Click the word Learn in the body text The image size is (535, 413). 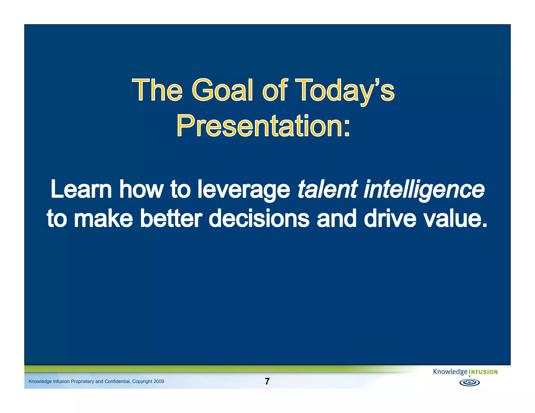pyautogui.click(x=81, y=189)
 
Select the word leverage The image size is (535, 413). pyautogui.click(x=243, y=190)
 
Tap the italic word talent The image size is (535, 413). pyautogui.click(x=327, y=189)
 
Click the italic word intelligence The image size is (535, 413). pyautogui.click(x=424, y=190)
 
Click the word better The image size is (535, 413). pyautogui.click(x=171, y=218)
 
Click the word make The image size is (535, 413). pyautogui.click(x=103, y=218)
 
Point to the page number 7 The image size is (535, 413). pyautogui.click(x=267, y=381)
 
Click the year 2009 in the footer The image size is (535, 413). pyautogui.click(x=159, y=381)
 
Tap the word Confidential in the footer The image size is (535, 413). pyautogui.click(x=117, y=381)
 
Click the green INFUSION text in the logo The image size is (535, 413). pyautogui.click(x=483, y=372)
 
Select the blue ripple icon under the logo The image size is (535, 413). pyautogui.click(x=469, y=383)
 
